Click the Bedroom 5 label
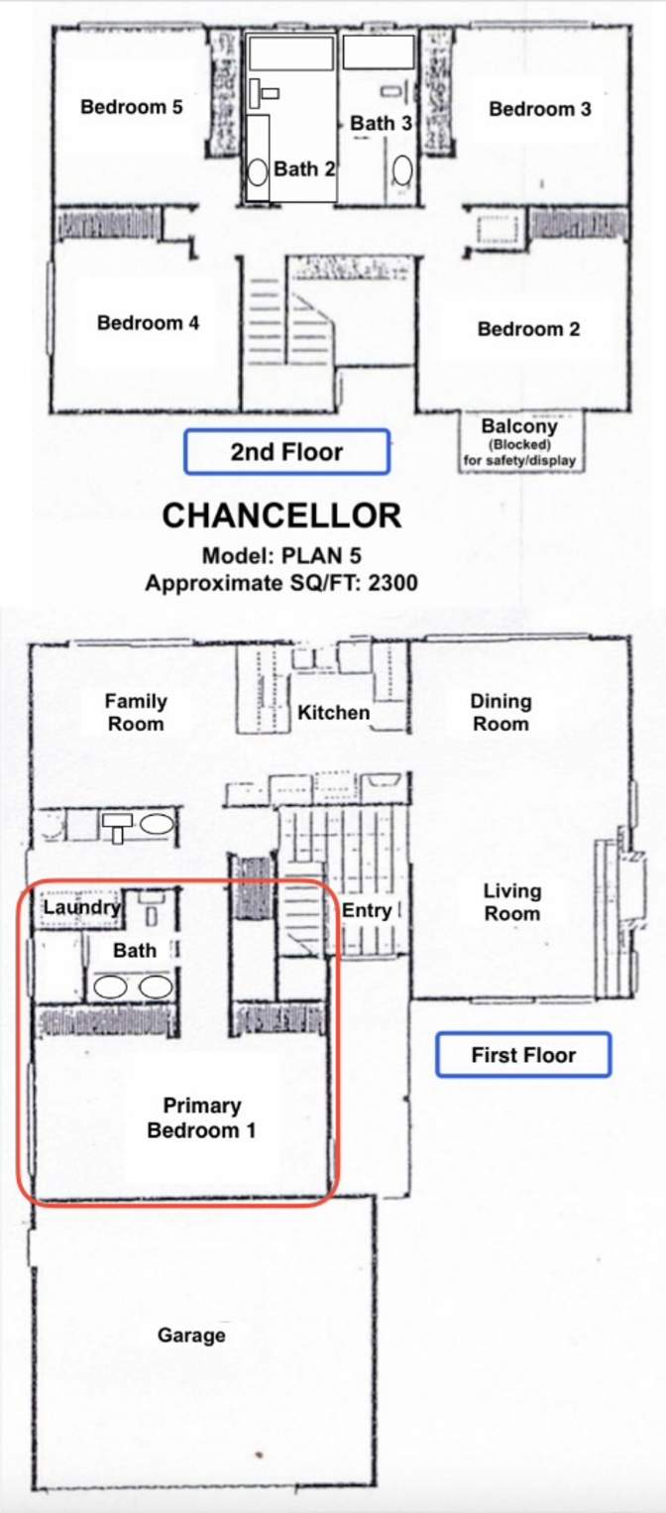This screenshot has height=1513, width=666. tap(132, 107)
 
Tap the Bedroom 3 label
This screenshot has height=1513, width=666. tap(540, 109)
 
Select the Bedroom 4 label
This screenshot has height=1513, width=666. tap(148, 323)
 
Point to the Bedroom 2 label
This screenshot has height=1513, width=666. tap(529, 329)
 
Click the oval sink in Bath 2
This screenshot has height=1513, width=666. tap(258, 173)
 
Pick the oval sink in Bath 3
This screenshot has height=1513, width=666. tap(402, 171)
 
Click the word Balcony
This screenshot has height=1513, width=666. tap(519, 426)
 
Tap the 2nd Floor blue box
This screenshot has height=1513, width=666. tap(287, 452)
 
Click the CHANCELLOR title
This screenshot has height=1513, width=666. tap(281, 516)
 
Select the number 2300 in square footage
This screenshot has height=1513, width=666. tap(392, 583)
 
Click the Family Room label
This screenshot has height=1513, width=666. tap(136, 713)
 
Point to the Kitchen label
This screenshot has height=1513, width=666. tap(334, 713)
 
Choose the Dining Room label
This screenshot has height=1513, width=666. tap(500, 713)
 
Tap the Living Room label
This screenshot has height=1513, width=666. tap(512, 902)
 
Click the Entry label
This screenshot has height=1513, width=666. tap(367, 910)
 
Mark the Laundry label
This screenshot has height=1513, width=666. tap(81, 907)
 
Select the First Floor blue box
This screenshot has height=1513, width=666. tap(523, 1054)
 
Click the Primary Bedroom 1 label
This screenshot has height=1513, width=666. tap(202, 1117)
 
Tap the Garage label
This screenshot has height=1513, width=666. tap(191, 1336)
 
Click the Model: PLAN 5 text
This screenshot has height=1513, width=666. tap(281, 556)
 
